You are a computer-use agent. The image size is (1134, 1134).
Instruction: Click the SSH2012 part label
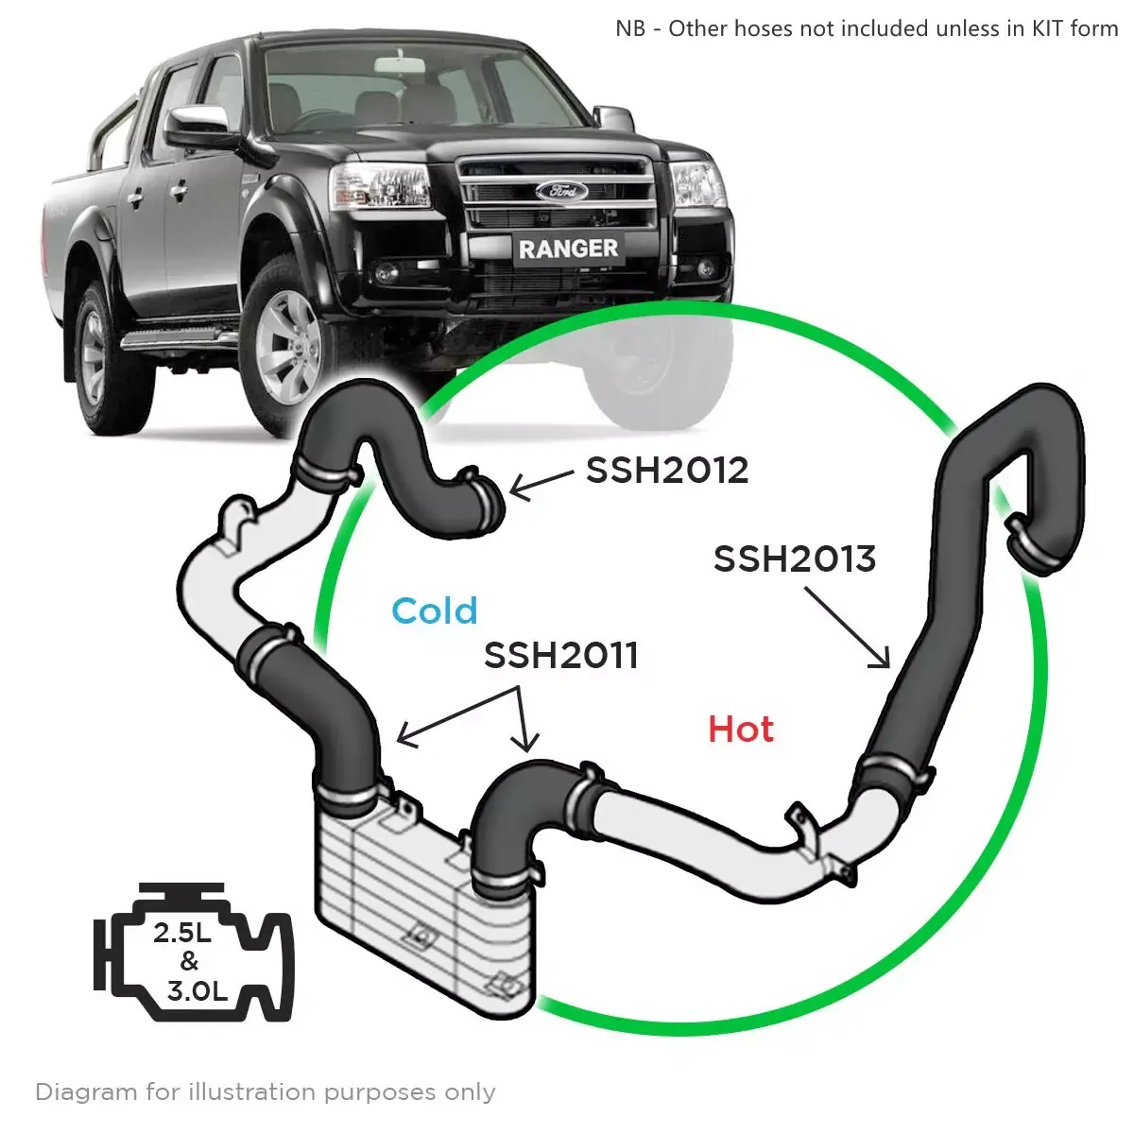pyautogui.click(x=667, y=470)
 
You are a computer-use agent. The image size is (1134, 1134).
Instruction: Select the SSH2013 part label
pyautogui.click(x=794, y=558)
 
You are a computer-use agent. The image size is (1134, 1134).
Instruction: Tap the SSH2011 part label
pyautogui.click(x=560, y=655)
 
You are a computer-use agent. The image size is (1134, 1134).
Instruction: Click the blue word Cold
pyautogui.click(x=435, y=611)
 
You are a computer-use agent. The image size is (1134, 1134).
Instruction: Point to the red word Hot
pyautogui.click(x=741, y=729)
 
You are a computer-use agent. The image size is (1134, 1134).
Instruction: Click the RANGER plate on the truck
pyautogui.click(x=568, y=249)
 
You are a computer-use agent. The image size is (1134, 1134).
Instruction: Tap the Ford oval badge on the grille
pyautogui.click(x=561, y=191)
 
